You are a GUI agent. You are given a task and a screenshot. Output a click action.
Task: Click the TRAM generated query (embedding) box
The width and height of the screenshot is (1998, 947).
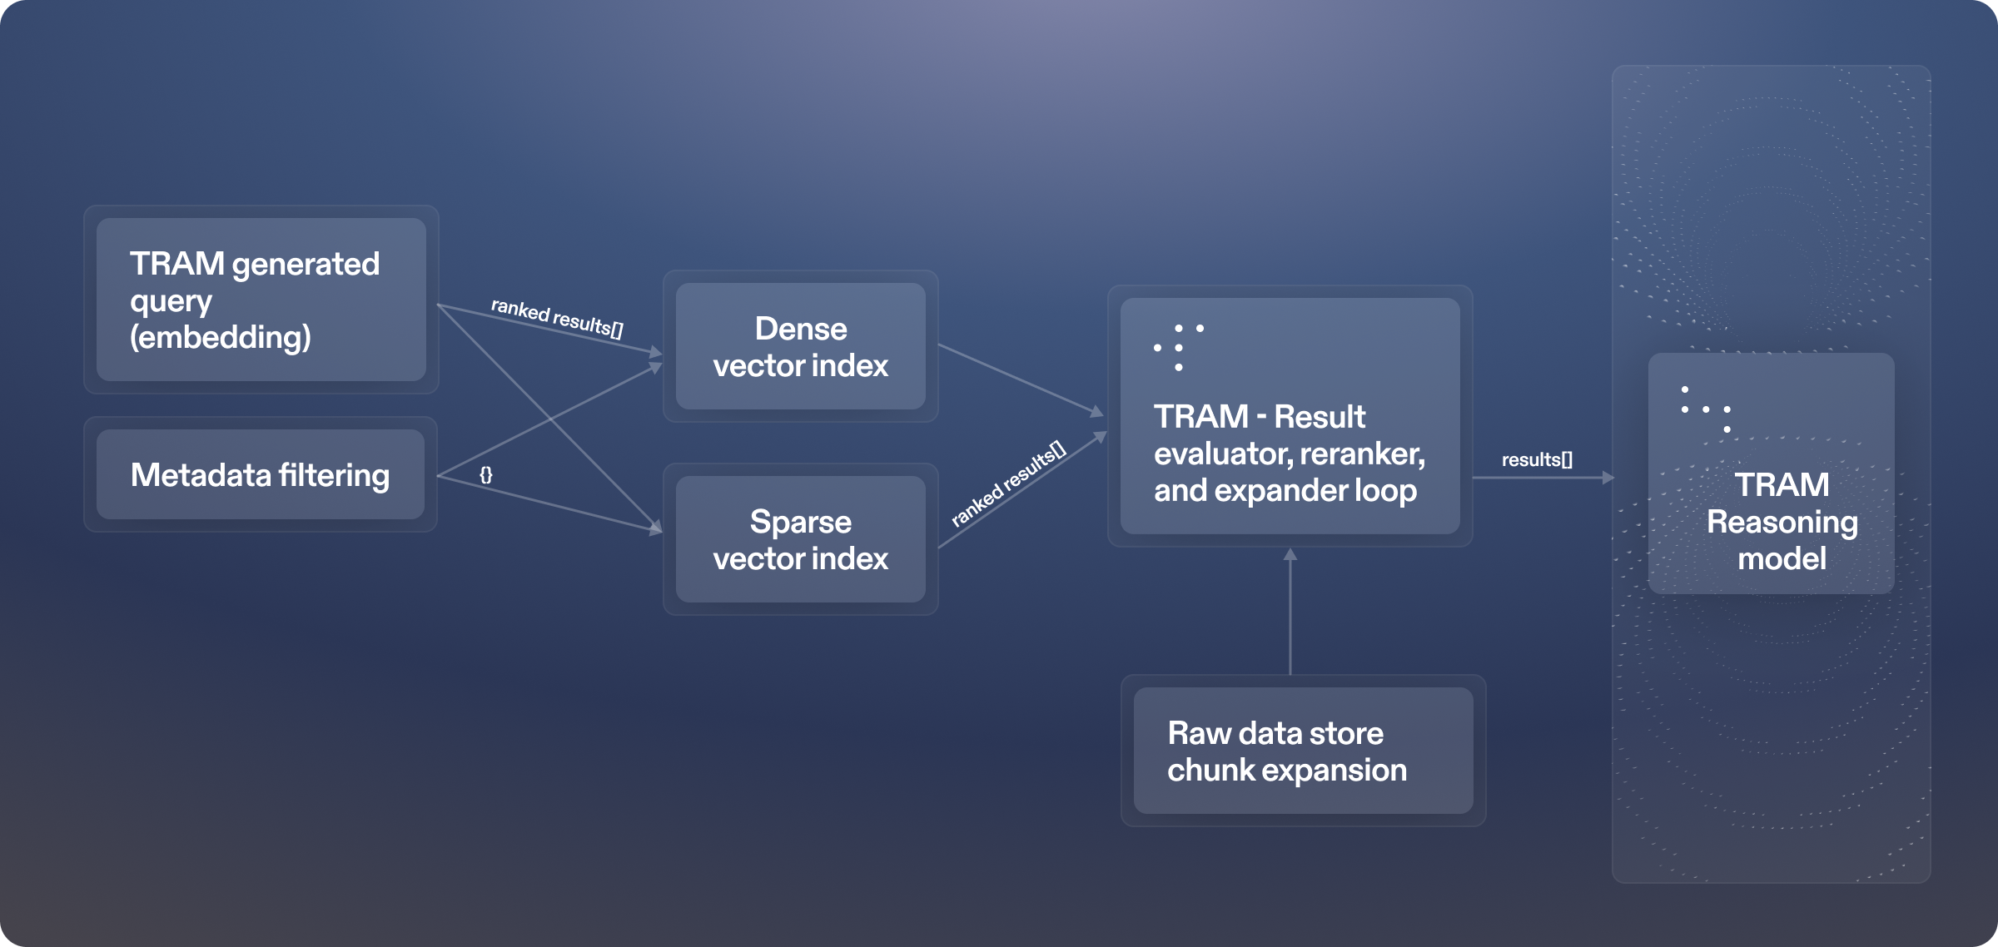point(261,300)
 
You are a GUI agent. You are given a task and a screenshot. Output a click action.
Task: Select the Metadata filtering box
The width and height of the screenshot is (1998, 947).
point(261,474)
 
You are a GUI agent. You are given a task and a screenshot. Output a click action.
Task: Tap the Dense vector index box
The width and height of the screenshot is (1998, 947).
point(800,346)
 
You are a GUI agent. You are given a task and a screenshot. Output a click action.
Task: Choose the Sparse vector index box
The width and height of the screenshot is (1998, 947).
point(800,539)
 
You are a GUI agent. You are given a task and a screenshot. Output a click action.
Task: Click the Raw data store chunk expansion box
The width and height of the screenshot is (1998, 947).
point(1303,751)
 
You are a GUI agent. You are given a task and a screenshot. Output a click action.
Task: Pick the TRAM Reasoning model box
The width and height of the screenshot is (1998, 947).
point(1771,473)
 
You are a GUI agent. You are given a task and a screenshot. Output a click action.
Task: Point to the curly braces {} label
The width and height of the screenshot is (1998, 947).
point(486,474)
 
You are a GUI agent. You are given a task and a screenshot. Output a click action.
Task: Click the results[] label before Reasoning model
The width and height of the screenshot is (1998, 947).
point(1537,459)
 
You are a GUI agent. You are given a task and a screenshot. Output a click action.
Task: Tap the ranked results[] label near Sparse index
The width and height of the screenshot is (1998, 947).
point(1008,483)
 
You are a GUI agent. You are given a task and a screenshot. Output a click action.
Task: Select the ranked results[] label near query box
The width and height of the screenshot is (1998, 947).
point(557,318)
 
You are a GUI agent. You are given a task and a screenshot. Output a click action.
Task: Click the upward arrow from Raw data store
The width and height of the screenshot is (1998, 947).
point(1290,612)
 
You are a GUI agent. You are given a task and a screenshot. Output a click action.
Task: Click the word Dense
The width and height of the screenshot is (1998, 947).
point(801,329)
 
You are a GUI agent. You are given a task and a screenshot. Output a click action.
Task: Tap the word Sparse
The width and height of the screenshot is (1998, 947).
point(800,522)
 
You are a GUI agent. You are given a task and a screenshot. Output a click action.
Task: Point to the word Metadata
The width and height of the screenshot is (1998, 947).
point(201,475)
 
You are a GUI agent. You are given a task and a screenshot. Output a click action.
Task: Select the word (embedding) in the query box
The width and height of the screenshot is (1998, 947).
point(221,337)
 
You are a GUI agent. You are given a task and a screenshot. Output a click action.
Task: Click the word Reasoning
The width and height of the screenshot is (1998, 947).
point(1782,522)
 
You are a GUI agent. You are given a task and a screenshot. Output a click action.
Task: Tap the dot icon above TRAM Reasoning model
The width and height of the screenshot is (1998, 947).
point(1706,409)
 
